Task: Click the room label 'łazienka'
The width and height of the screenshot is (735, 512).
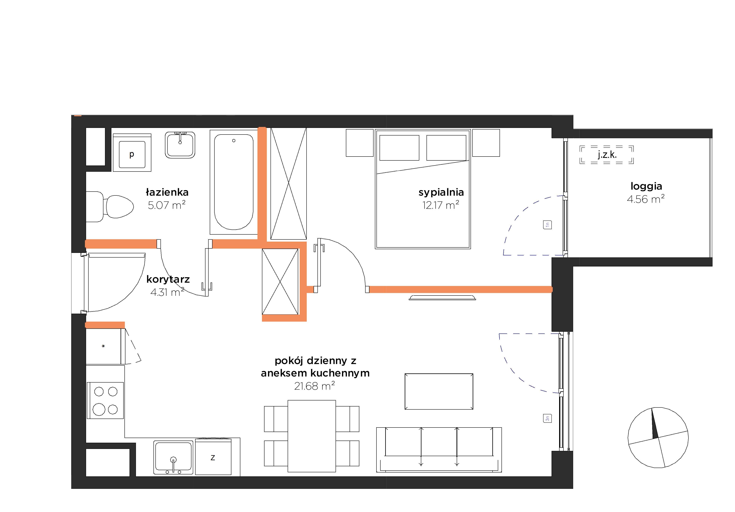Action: (x=167, y=192)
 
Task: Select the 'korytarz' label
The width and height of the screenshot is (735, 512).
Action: (x=168, y=279)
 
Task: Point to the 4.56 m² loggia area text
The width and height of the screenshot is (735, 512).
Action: (x=646, y=199)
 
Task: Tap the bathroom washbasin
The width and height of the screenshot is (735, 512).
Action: (x=180, y=145)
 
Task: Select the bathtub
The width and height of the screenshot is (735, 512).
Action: (x=234, y=182)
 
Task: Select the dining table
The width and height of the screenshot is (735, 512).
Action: (x=312, y=436)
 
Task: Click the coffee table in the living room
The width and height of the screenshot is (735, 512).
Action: (x=439, y=391)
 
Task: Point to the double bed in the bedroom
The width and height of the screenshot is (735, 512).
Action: (x=423, y=189)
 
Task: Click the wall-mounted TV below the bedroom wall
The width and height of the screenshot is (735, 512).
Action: (x=442, y=298)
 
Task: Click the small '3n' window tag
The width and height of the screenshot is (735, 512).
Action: (x=547, y=418)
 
